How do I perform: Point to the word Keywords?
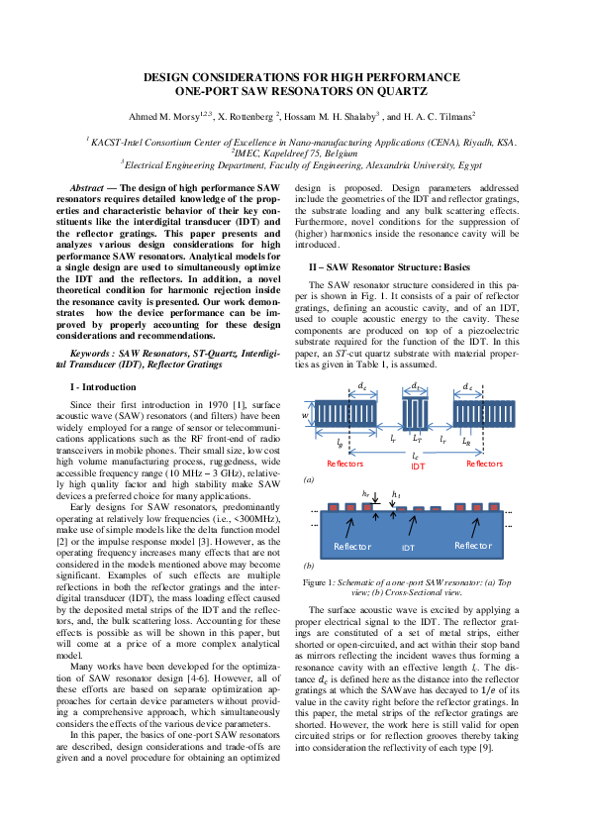104,351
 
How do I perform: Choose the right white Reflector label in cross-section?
472,546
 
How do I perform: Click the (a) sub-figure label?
308,478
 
